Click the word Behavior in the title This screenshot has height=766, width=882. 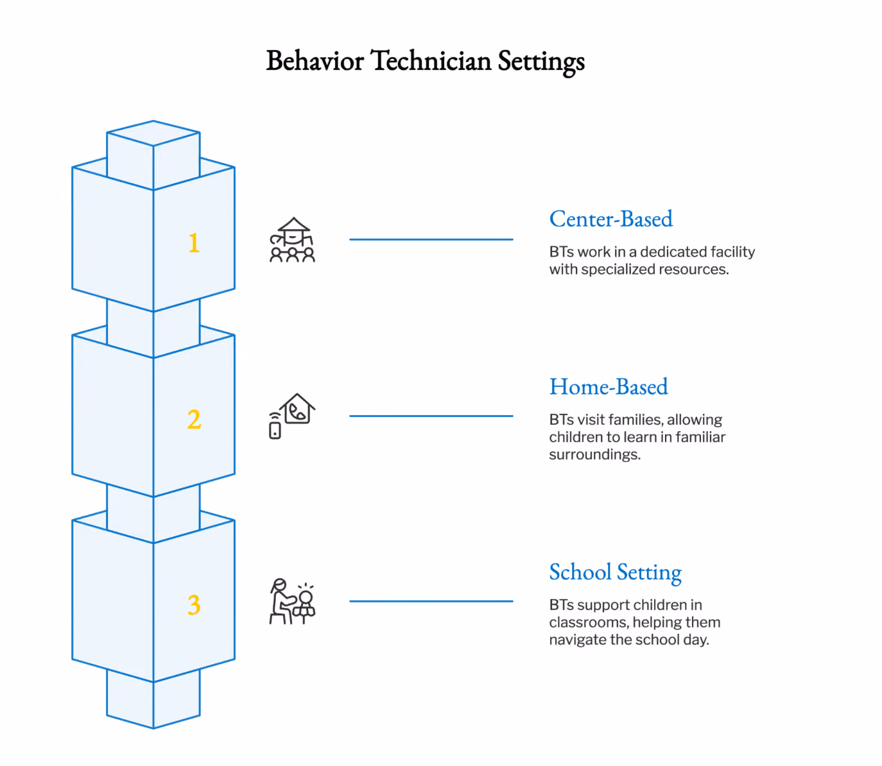(315, 60)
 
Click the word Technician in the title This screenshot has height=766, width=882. (431, 60)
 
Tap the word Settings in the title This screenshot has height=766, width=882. (541, 62)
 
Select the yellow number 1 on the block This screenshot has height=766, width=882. (194, 243)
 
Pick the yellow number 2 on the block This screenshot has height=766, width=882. (194, 419)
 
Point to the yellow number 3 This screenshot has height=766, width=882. (194, 604)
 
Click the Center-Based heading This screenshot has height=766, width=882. (610, 219)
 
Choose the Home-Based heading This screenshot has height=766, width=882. (609, 386)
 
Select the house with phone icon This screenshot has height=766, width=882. (292, 416)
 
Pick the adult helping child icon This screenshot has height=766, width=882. (292, 601)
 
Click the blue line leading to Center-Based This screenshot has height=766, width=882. (431, 239)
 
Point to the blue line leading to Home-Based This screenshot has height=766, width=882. (431, 416)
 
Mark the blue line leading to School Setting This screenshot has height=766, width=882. (431, 601)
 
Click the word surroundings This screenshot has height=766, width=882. (595, 455)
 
